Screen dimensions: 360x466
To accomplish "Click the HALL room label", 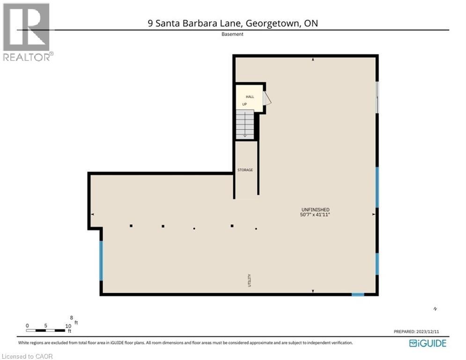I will click(250, 97).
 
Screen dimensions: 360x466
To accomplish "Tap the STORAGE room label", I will click(245, 170).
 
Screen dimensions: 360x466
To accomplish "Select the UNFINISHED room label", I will click(316, 210).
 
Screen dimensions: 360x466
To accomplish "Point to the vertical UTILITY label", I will click(250, 280).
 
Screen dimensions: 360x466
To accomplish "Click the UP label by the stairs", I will click(244, 104).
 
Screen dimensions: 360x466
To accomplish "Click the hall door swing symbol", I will click(267, 99).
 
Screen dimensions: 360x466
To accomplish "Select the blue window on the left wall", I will click(101, 260).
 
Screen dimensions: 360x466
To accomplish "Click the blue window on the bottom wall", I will click(358, 294).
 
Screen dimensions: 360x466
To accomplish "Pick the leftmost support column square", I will click(131, 226).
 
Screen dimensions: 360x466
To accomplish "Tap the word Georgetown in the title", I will click(270, 23).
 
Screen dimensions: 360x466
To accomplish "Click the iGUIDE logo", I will click(428, 343).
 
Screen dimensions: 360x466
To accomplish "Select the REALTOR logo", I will click(27, 32).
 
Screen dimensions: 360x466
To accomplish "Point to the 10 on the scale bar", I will click(68, 326).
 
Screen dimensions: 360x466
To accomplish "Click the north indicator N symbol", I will click(435, 308).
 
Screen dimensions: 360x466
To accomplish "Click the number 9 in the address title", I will click(150, 23).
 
